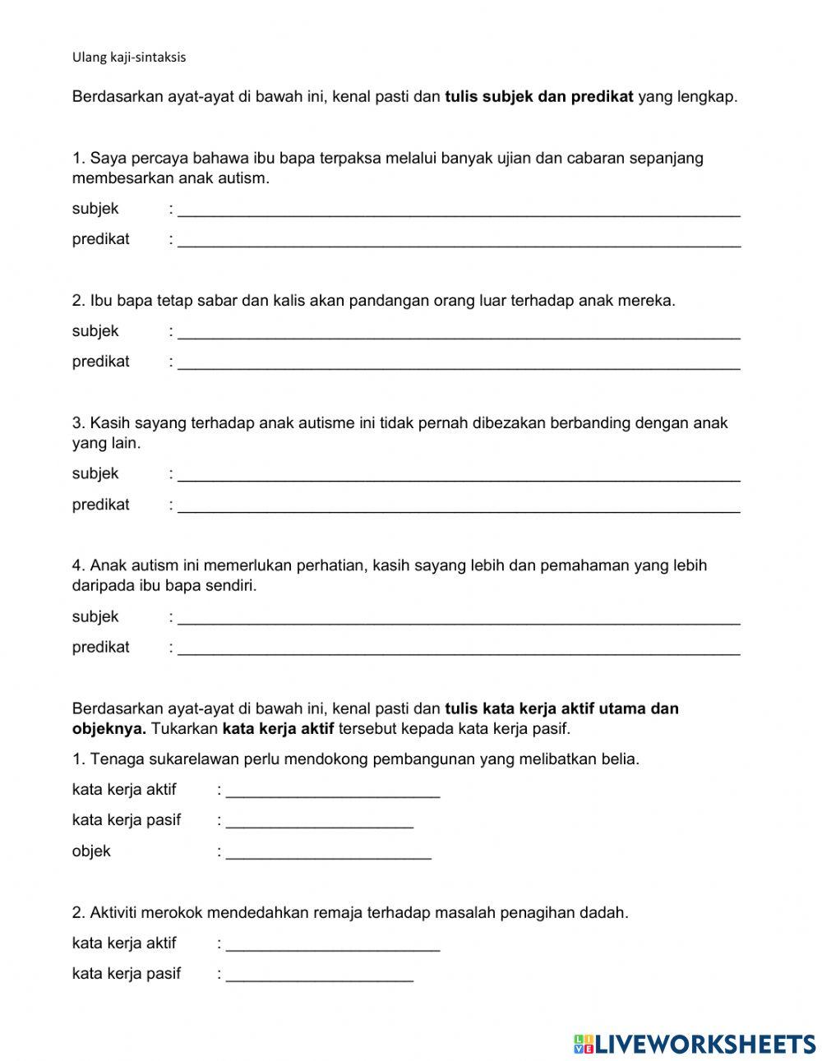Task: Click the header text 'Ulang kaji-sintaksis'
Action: [129, 58]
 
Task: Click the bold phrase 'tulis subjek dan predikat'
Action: [538, 97]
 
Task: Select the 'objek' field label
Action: [91, 851]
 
